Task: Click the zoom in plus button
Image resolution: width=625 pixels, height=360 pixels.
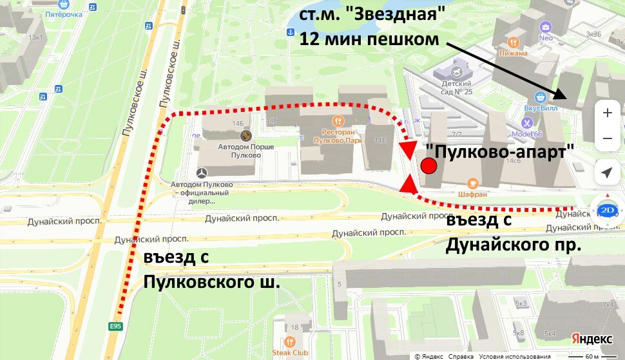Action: point(607,113)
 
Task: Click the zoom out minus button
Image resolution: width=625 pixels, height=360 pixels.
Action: point(607,138)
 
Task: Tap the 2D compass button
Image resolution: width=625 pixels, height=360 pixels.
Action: point(606,211)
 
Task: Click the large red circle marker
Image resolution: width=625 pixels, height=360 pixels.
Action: point(428,166)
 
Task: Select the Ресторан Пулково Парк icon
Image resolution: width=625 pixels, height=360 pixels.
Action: point(338,120)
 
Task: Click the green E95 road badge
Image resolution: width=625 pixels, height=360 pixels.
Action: point(115,327)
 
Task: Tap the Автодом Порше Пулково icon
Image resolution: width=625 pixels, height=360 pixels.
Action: point(245,136)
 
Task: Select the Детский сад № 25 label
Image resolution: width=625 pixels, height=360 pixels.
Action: point(457,87)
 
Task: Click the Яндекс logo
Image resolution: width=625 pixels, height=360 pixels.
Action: point(591,339)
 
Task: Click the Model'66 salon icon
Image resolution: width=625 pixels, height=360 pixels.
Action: point(528,123)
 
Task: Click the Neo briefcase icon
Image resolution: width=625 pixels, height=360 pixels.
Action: point(546,27)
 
